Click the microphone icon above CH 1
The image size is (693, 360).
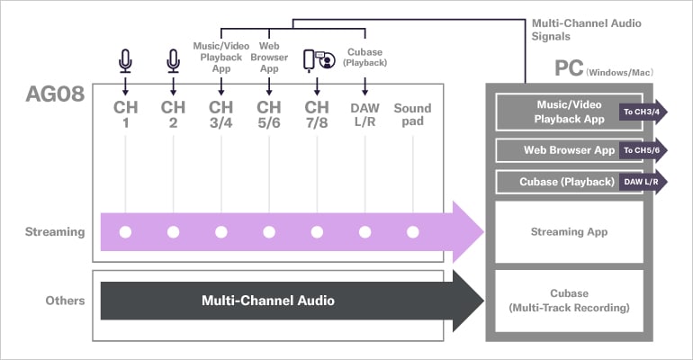[x=125, y=60]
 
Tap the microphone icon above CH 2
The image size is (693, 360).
[x=173, y=60]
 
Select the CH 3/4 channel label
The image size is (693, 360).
[x=220, y=114]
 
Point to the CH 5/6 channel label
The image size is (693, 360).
[x=268, y=114]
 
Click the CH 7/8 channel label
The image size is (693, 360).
[x=317, y=114]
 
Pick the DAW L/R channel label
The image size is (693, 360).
[x=364, y=114]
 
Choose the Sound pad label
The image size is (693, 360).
[x=412, y=114]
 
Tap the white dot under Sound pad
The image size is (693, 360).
[x=412, y=232]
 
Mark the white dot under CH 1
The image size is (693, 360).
[x=125, y=232]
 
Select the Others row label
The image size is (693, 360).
[x=65, y=300]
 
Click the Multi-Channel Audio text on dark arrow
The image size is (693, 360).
[x=267, y=300]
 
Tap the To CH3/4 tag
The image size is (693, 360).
[x=640, y=112]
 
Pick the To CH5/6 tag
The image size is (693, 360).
[x=640, y=149]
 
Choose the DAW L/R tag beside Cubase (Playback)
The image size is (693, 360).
[x=640, y=182]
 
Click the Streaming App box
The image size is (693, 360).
[x=569, y=232]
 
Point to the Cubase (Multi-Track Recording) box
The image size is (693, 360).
[x=569, y=301]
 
